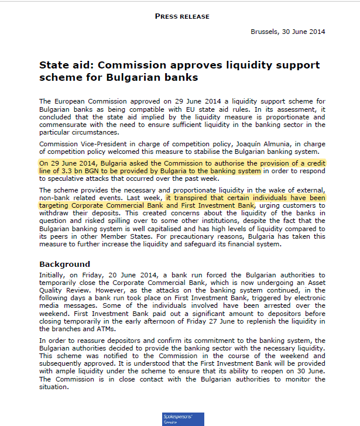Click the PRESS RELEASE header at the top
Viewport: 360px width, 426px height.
click(182, 16)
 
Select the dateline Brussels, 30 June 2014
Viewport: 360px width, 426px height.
click(287, 32)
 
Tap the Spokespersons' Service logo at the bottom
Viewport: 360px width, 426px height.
click(183, 419)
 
